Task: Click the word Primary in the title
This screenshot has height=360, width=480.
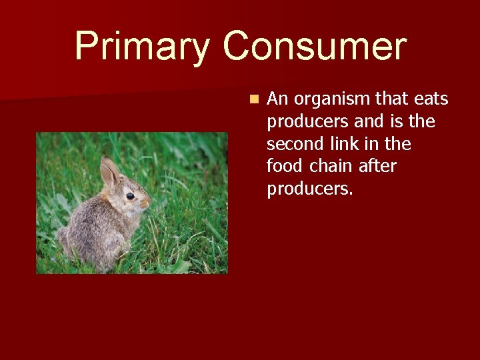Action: tap(142, 47)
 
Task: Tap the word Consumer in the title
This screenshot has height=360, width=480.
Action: tap(314, 47)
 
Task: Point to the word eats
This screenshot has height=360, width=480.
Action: tap(431, 99)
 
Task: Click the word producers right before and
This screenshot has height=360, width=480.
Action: tap(306, 122)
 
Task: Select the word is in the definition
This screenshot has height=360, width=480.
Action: tap(397, 122)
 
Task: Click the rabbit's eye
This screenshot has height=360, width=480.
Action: tap(129, 196)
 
